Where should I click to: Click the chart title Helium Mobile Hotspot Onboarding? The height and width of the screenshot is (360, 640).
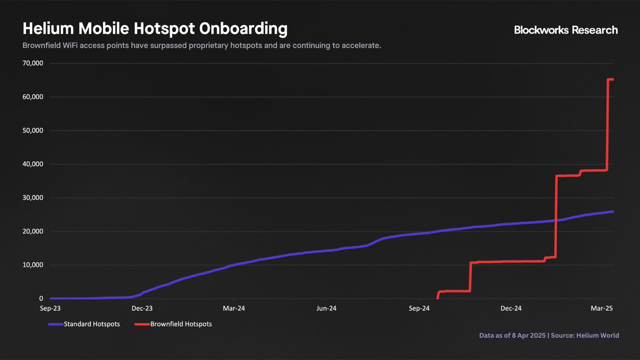point(155,29)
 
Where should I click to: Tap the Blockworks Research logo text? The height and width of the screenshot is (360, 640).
point(566,30)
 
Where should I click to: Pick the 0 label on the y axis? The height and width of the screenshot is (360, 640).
point(41,299)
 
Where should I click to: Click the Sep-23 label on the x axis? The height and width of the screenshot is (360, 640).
point(50,308)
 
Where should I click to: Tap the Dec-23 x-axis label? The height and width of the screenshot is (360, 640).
point(142,308)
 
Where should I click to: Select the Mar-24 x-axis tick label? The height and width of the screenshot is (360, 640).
point(234,308)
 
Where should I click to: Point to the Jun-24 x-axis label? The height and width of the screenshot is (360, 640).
point(326,308)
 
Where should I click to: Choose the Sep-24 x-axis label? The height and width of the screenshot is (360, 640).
point(419,308)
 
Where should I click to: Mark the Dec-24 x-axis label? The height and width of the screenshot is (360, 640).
point(510,308)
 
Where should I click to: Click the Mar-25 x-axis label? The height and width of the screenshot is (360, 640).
point(602,308)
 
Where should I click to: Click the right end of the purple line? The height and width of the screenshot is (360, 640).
point(612,212)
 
